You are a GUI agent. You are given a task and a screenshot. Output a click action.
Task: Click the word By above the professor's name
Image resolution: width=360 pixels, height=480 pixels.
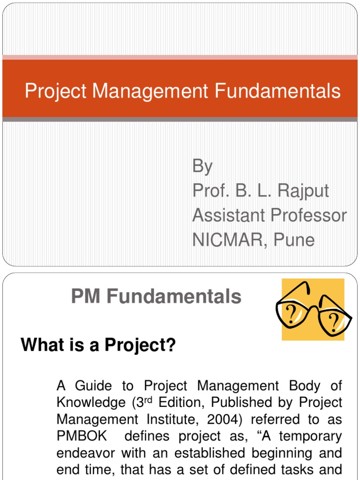click(x=202, y=167)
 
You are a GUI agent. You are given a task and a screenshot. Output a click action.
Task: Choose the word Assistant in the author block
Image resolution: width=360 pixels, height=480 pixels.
click(x=227, y=215)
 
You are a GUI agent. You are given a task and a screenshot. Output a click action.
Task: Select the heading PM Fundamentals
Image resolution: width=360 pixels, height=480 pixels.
click(x=156, y=297)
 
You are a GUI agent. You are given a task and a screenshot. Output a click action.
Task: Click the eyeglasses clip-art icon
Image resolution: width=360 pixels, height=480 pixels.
click(x=313, y=309)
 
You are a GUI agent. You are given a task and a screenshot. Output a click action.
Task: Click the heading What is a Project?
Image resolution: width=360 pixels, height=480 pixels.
click(x=98, y=346)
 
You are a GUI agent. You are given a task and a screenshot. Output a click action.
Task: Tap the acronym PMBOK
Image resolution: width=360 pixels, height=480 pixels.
click(x=82, y=436)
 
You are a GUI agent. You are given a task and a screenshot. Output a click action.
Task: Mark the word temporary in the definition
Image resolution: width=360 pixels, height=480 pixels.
click(x=314, y=436)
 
